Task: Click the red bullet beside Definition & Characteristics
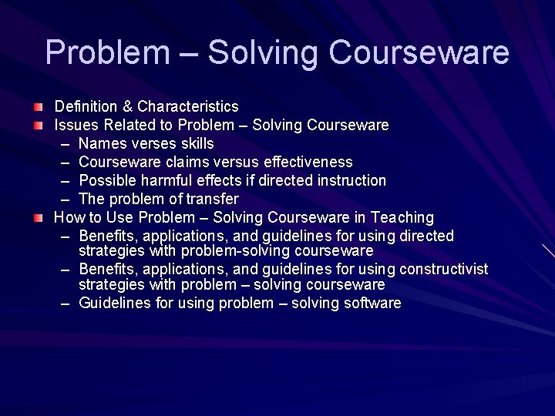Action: (x=38, y=106)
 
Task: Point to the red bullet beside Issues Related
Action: (x=38, y=124)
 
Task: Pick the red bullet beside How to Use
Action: (x=38, y=217)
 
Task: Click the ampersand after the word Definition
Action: (x=128, y=106)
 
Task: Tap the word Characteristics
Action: (x=188, y=106)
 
